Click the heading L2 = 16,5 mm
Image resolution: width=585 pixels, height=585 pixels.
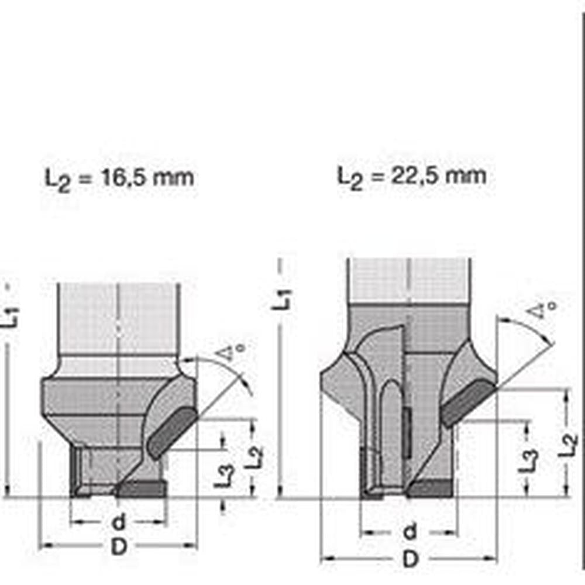[x=119, y=177]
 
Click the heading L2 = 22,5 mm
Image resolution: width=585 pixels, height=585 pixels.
[x=411, y=175]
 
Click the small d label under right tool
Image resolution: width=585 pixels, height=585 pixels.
[x=411, y=532]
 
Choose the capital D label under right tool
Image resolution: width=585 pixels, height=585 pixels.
[x=411, y=560]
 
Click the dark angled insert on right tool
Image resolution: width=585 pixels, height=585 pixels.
[x=467, y=403]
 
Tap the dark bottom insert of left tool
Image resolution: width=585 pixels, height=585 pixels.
[x=140, y=489]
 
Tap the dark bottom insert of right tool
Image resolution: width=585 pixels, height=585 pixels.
[x=430, y=488]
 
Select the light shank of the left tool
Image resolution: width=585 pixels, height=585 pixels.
[x=118, y=319]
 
